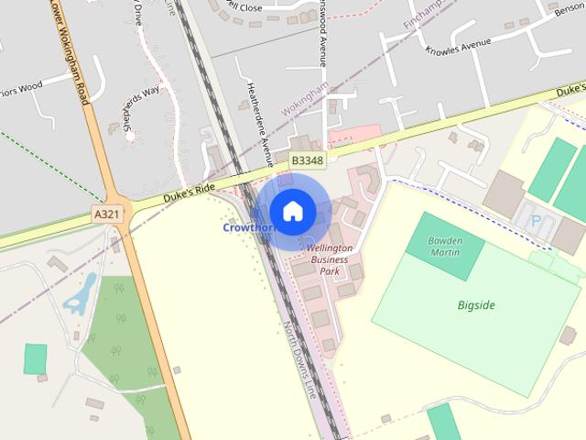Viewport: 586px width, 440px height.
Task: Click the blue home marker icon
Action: [292, 211]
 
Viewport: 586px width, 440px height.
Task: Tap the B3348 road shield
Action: [308, 160]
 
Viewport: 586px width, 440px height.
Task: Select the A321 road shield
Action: [107, 214]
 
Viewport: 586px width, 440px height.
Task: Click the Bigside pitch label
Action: [476, 305]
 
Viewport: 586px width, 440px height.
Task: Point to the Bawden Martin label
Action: [446, 246]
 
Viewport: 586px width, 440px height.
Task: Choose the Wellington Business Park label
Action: [329, 259]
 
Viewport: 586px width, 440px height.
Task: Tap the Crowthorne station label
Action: [245, 226]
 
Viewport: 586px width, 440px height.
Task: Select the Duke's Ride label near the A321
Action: [189, 192]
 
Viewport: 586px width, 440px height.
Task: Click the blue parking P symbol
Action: [536, 221]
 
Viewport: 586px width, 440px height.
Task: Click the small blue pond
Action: [79, 295]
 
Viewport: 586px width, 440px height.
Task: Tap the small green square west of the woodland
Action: [36, 358]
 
